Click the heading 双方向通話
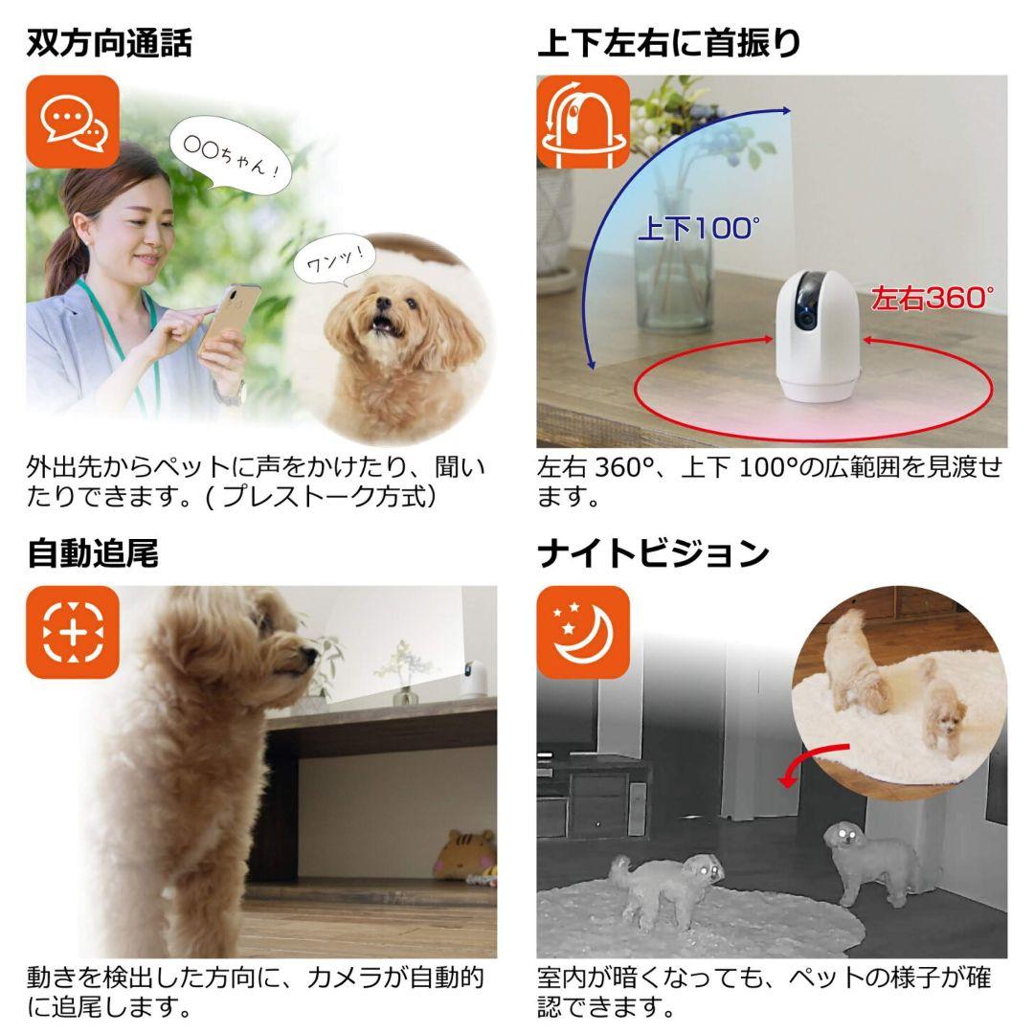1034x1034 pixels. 109,42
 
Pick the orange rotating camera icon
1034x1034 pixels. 582,122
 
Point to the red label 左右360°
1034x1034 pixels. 933,298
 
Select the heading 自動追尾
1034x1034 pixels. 92,553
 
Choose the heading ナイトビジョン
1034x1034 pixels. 653,553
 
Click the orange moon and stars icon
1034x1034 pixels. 582,633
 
